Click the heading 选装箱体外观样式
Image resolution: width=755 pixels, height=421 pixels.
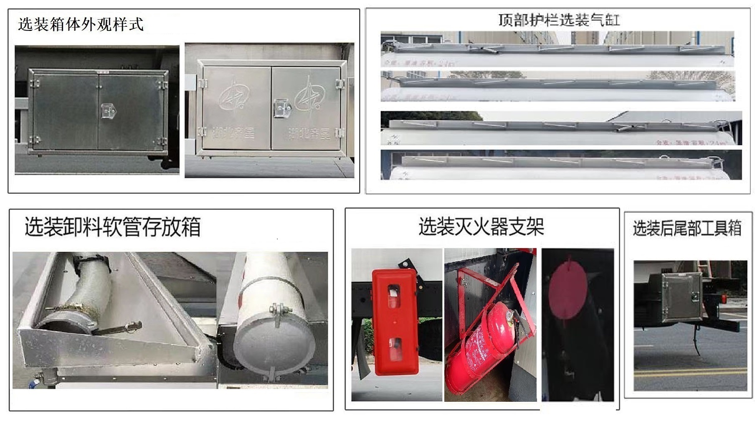(81, 24)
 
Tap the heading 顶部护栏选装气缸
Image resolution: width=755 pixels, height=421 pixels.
(559, 20)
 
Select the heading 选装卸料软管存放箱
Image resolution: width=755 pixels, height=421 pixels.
(112, 227)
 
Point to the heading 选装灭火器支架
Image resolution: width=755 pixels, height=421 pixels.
(481, 227)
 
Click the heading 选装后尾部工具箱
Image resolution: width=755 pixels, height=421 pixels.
(687, 228)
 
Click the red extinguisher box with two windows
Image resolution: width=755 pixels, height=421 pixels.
(395, 322)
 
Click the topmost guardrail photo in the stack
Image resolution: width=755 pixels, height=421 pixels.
(557, 49)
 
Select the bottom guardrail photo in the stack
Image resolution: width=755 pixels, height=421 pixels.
(561, 165)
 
